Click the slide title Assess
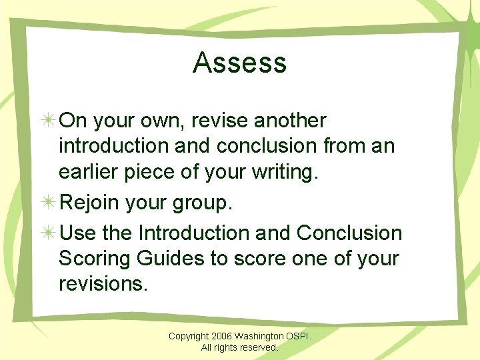point(240,63)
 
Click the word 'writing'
point(283,172)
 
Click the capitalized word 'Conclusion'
point(349,233)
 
